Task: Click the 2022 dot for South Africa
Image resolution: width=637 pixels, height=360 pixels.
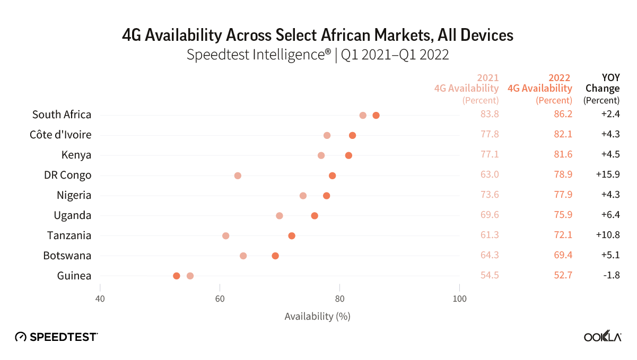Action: (x=376, y=116)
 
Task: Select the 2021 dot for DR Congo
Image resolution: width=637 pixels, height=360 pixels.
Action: (x=238, y=175)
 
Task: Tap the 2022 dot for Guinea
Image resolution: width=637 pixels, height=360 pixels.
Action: (x=177, y=276)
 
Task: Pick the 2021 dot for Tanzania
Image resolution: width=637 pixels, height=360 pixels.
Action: (x=226, y=235)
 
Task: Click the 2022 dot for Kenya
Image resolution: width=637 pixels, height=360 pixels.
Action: (x=348, y=155)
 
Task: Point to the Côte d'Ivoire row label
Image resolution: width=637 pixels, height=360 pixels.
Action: (x=60, y=135)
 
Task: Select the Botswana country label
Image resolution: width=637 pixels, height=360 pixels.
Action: (x=67, y=256)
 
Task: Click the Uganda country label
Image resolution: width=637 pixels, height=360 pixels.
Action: (x=73, y=215)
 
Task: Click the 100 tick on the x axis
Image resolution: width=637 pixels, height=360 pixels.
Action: (x=459, y=299)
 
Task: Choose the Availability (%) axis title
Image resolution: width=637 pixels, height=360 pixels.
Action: (x=317, y=317)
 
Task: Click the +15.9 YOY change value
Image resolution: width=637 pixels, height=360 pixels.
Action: (x=608, y=175)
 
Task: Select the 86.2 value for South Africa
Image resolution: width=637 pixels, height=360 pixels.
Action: (x=562, y=115)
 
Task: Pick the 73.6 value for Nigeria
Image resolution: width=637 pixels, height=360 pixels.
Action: (x=489, y=195)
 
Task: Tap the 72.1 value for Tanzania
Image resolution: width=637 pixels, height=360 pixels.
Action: (x=562, y=235)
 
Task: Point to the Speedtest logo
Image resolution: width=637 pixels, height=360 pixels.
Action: (x=56, y=337)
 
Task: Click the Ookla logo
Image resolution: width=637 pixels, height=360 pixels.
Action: (x=603, y=337)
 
